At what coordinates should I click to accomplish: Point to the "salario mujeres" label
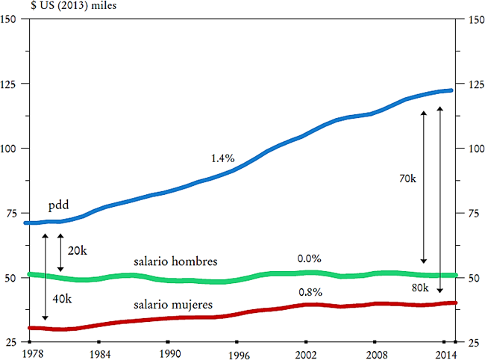coord(174,305)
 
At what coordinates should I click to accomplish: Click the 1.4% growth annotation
coord(222,158)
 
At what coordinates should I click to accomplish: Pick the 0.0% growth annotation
coord(309,258)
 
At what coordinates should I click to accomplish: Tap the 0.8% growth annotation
coord(309,292)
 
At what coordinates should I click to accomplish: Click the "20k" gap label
coord(77,250)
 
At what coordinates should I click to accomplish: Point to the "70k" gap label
coord(407,179)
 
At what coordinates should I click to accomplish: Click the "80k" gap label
coord(420,288)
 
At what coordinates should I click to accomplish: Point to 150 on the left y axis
coord(10,19)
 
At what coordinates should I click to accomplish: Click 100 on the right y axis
coord(472,149)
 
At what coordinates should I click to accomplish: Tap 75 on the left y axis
coord(12,214)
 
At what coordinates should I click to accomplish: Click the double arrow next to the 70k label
coord(424,187)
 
